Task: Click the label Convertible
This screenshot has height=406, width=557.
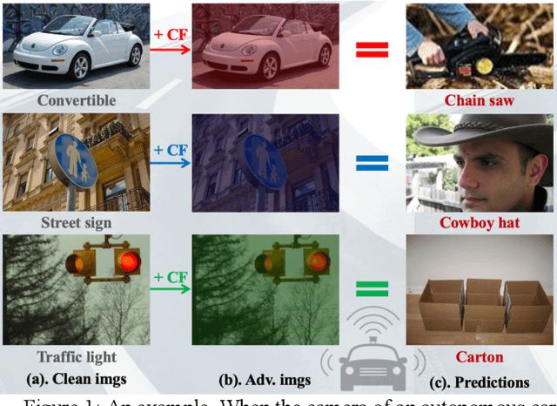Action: click(x=77, y=100)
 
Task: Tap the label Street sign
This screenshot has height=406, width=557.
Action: click(x=77, y=223)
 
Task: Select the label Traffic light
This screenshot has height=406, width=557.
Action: click(x=77, y=356)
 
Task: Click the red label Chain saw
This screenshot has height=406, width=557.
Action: click(x=480, y=100)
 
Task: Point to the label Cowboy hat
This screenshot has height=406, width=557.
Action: click(x=480, y=223)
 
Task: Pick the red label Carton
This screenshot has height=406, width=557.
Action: click(x=480, y=356)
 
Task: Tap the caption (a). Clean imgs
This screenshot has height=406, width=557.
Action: click(x=77, y=380)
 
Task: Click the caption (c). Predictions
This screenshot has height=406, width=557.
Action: click(x=480, y=382)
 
